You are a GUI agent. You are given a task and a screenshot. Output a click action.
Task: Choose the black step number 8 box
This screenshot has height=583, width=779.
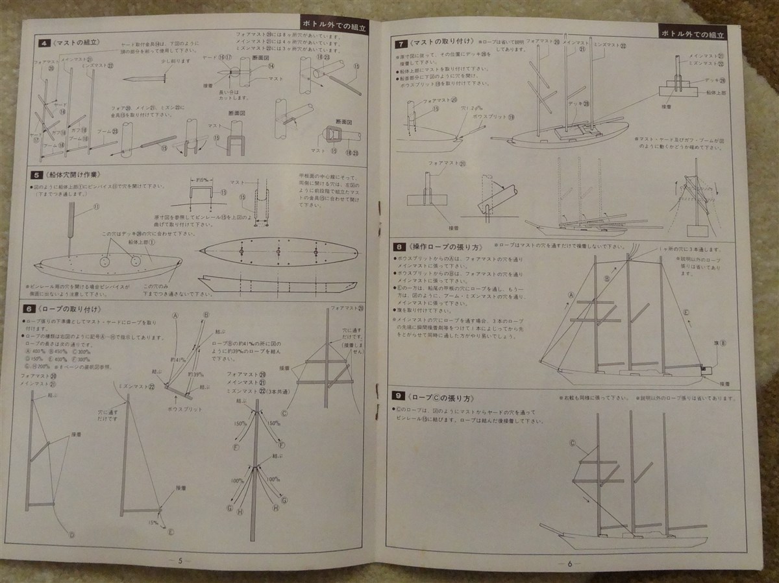(x=401, y=246)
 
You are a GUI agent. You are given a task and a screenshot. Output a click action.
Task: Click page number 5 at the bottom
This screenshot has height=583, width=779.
(x=180, y=562)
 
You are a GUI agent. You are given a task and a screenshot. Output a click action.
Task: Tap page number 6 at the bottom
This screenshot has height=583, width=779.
(x=569, y=563)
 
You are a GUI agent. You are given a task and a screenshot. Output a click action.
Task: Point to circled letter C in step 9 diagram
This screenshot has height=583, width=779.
(x=573, y=443)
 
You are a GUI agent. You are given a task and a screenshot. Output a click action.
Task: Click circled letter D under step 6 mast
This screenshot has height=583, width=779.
(x=71, y=535)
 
